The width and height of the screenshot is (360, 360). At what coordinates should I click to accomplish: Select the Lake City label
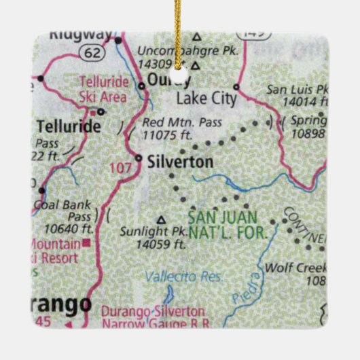click(206, 99)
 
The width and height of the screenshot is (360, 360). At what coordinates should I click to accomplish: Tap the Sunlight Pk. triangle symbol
click(162, 219)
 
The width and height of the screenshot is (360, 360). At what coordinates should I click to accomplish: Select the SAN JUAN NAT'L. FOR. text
click(232, 224)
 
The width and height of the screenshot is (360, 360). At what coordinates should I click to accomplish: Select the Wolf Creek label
click(306, 268)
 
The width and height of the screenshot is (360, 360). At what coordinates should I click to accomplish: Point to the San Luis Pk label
click(296, 89)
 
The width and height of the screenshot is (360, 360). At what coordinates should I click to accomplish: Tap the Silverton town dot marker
click(138, 159)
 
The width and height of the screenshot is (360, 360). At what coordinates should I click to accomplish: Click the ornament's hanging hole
click(181, 68)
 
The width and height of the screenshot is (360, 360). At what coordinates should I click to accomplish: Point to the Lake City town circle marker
click(236, 87)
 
